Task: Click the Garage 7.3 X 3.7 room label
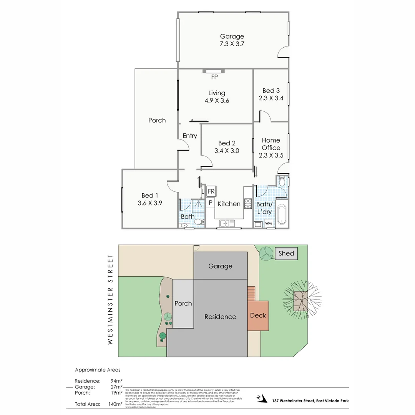(232, 40)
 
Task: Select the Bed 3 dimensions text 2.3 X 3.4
(271, 98)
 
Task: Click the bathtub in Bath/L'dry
(283, 214)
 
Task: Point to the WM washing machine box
(269, 223)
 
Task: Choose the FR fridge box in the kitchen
(211, 191)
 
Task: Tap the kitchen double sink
(227, 223)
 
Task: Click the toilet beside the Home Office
(282, 181)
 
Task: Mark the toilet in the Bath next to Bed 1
(199, 222)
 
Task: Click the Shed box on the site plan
(286, 253)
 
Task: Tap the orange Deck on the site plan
(258, 315)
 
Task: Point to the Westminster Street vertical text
(110, 299)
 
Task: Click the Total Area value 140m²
(115, 404)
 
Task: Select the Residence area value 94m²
(116, 381)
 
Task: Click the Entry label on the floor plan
(190, 136)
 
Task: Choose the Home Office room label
(271, 144)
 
